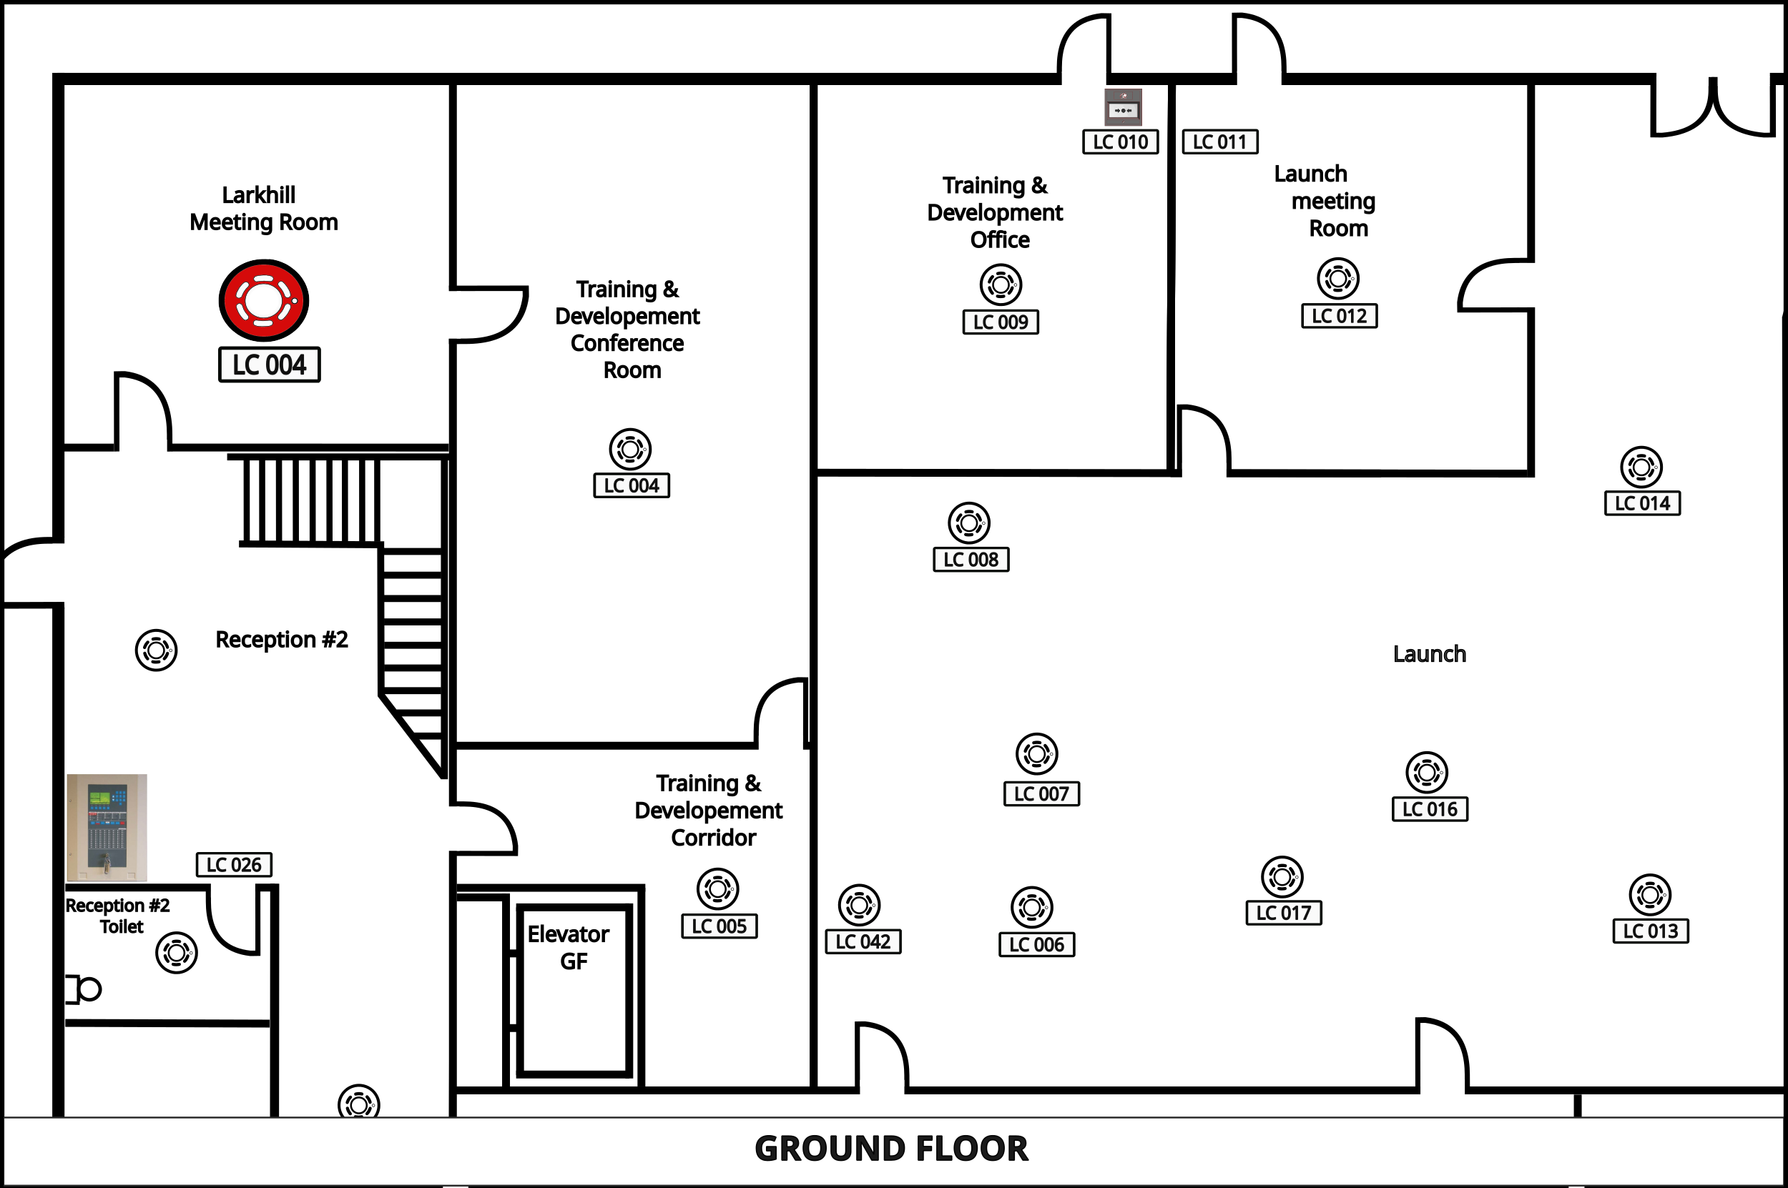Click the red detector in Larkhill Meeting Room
(x=264, y=300)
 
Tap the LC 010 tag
(x=1120, y=142)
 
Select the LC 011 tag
(x=1220, y=142)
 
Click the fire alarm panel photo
(x=107, y=827)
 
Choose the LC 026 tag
(x=234, y=864)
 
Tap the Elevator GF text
(x=569, y=947)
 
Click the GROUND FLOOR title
(x=891, y=1149)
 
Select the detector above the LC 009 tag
(x=1001, y=285)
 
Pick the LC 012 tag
(x=1340, y=316)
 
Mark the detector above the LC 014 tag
(x=1641, y=467)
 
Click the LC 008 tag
(x=971, y=559)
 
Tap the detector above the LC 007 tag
(x=1037, y=754)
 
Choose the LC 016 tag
(x=1430, y=809)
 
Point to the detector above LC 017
(x=1282, y=877)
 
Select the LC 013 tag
(x=1651, y=931)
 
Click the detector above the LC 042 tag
(x=860, y=905)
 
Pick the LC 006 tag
(x=1037, y=945)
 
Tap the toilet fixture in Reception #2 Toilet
(x=84, y=989)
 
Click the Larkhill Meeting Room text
(x=263, y=208)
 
